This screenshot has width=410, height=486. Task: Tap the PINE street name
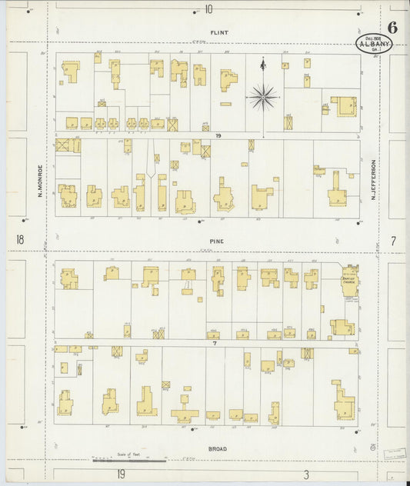tap(218, 241)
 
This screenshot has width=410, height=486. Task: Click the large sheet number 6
tap(392, 28)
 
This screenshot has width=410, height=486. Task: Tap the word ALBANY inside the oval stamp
tap(375, 45)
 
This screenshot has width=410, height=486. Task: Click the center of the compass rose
tap(262, 97)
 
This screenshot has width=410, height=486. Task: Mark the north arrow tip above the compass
tap(262, 60)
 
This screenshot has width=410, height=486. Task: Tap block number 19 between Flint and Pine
tap(218, 135)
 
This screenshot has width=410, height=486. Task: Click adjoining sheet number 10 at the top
tap(208, 9)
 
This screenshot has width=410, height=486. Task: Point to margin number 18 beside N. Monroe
tap(19, 241)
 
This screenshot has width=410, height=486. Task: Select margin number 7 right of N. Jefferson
tap(392, 241)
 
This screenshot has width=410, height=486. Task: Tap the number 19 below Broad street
tap(121, 474)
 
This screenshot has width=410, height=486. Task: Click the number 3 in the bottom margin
tap(305, 474)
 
